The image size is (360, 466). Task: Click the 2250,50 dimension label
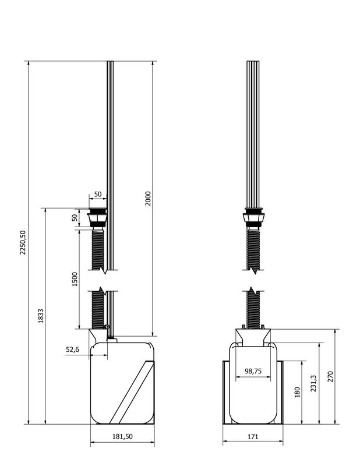[23, 242]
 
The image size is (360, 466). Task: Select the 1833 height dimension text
[41, 316]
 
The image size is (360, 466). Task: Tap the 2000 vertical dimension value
[148, 199]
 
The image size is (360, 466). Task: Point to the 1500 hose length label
[75, 279]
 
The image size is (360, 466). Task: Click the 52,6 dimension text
[73, 349]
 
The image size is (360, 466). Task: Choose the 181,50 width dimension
[122, 436]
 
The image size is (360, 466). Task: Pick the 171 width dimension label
[253, 436]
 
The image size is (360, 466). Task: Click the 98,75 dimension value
[253, 371]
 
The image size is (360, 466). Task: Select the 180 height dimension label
[297, 392]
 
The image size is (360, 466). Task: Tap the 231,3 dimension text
[313, 383]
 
